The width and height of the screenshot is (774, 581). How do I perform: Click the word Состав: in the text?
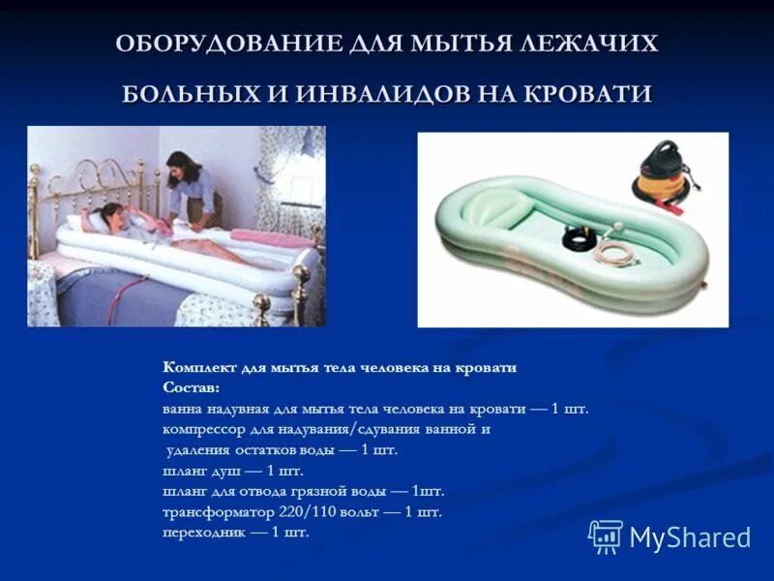pyautogui.click(x=192, y=387)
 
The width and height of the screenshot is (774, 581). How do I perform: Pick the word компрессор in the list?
pyautogui.click(x=199, y=429)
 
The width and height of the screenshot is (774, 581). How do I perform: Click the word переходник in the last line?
pyautogui.click(x=199, y=533)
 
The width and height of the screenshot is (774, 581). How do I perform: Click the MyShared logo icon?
pyautogui.click(x=606, y=535)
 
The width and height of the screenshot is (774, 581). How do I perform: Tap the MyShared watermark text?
pyautogui.click(x=690, y=537)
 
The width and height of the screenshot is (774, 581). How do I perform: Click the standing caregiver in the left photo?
pyautogui.click(x=190, y=184)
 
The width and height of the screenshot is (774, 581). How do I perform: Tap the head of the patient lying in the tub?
pyautogui.click(x=112, y=216)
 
